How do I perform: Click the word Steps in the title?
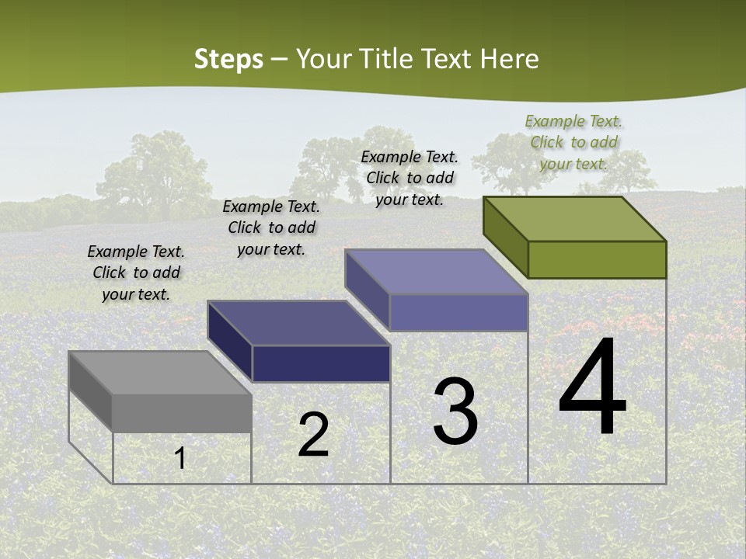[x=228, y=59]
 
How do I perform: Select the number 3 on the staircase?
[x=455, y=411]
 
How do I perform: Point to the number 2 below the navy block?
[x=313, y=435]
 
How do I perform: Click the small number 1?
[x=180, y=458]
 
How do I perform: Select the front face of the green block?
[x=597, y=259]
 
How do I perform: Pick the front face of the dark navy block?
[x=321, y=363]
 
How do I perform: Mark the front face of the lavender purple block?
[x=458, y=312]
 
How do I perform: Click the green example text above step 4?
[x=573, y=142]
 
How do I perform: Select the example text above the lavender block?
[x=410, y=178]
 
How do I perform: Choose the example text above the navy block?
[x=271, y=227]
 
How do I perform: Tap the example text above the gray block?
[x=136, y=273]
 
